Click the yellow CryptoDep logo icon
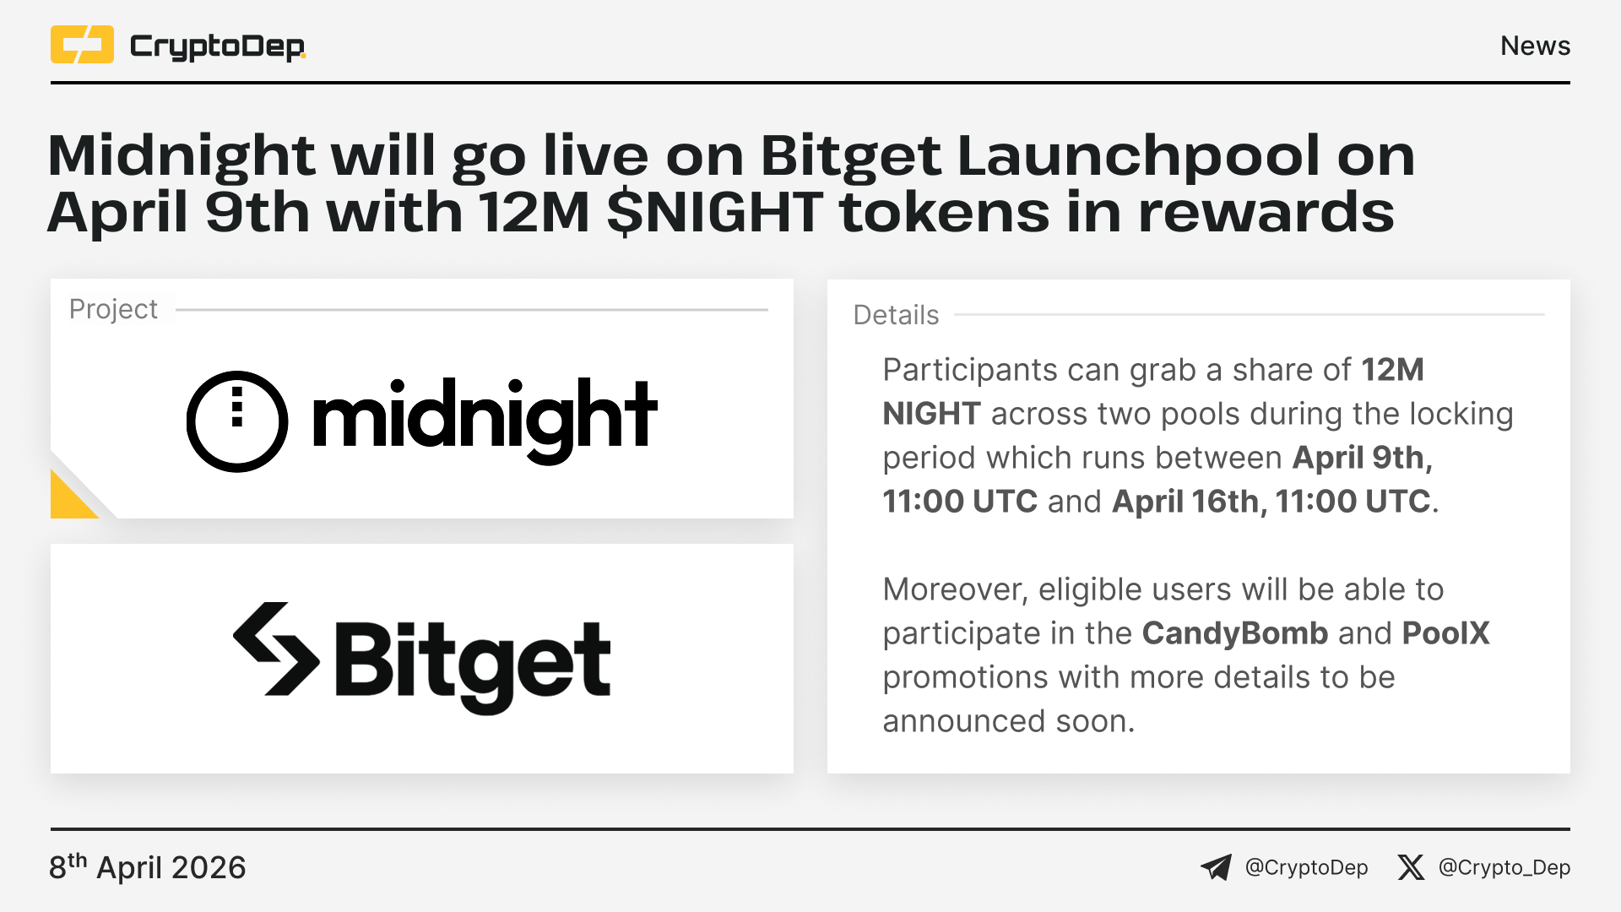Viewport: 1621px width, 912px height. coord(82,45)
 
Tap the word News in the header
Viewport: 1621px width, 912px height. coord(1535,46)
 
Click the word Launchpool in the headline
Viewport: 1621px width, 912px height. coord(1139,158)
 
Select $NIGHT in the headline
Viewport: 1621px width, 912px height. coord(714,212)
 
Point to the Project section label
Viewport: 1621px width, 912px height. coord(113,310)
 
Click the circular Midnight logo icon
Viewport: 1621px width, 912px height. coord(237,421)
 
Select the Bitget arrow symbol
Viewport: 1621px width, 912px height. coord(276,649)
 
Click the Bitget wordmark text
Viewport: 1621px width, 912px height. coord(473,665)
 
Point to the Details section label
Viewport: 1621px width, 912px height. coord(896,315)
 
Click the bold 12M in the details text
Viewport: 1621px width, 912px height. coord(1392,370)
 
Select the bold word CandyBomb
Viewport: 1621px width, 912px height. coord(1235,633)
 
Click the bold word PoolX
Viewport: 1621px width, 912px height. coord(1445,633)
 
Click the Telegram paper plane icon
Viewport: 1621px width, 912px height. coord(1216,867)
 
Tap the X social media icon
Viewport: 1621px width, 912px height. coord(1411,867)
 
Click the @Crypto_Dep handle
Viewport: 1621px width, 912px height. coord(1504,868)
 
